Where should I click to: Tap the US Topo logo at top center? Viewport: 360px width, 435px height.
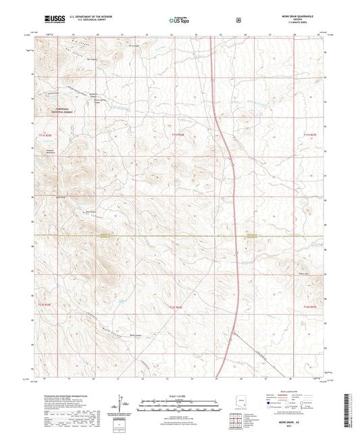[x=178, y=20]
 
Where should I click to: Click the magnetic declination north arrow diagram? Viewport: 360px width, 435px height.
[x=122, y=404]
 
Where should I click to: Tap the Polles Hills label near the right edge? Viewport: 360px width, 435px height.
[x=303, y=274]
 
